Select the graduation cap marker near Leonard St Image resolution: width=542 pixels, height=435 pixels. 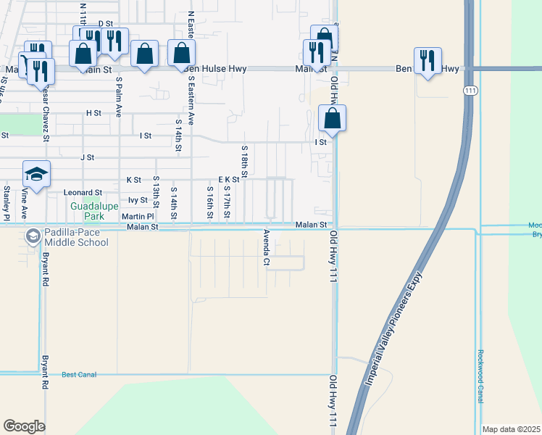coord(36,175)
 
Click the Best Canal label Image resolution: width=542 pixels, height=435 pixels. coord(78,375)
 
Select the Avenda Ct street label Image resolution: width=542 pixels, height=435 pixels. coord(267,247)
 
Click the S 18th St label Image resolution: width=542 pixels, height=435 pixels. coord(245,162)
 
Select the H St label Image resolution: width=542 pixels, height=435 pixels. coord(93,113)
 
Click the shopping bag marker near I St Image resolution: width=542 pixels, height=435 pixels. coord(332,119)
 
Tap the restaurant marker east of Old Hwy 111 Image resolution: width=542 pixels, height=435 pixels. coord(428,62)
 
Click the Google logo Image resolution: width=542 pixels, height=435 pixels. coord(24,426)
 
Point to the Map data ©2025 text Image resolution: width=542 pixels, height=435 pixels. coord(511,429)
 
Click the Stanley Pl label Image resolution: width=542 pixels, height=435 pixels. coord(7,204)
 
